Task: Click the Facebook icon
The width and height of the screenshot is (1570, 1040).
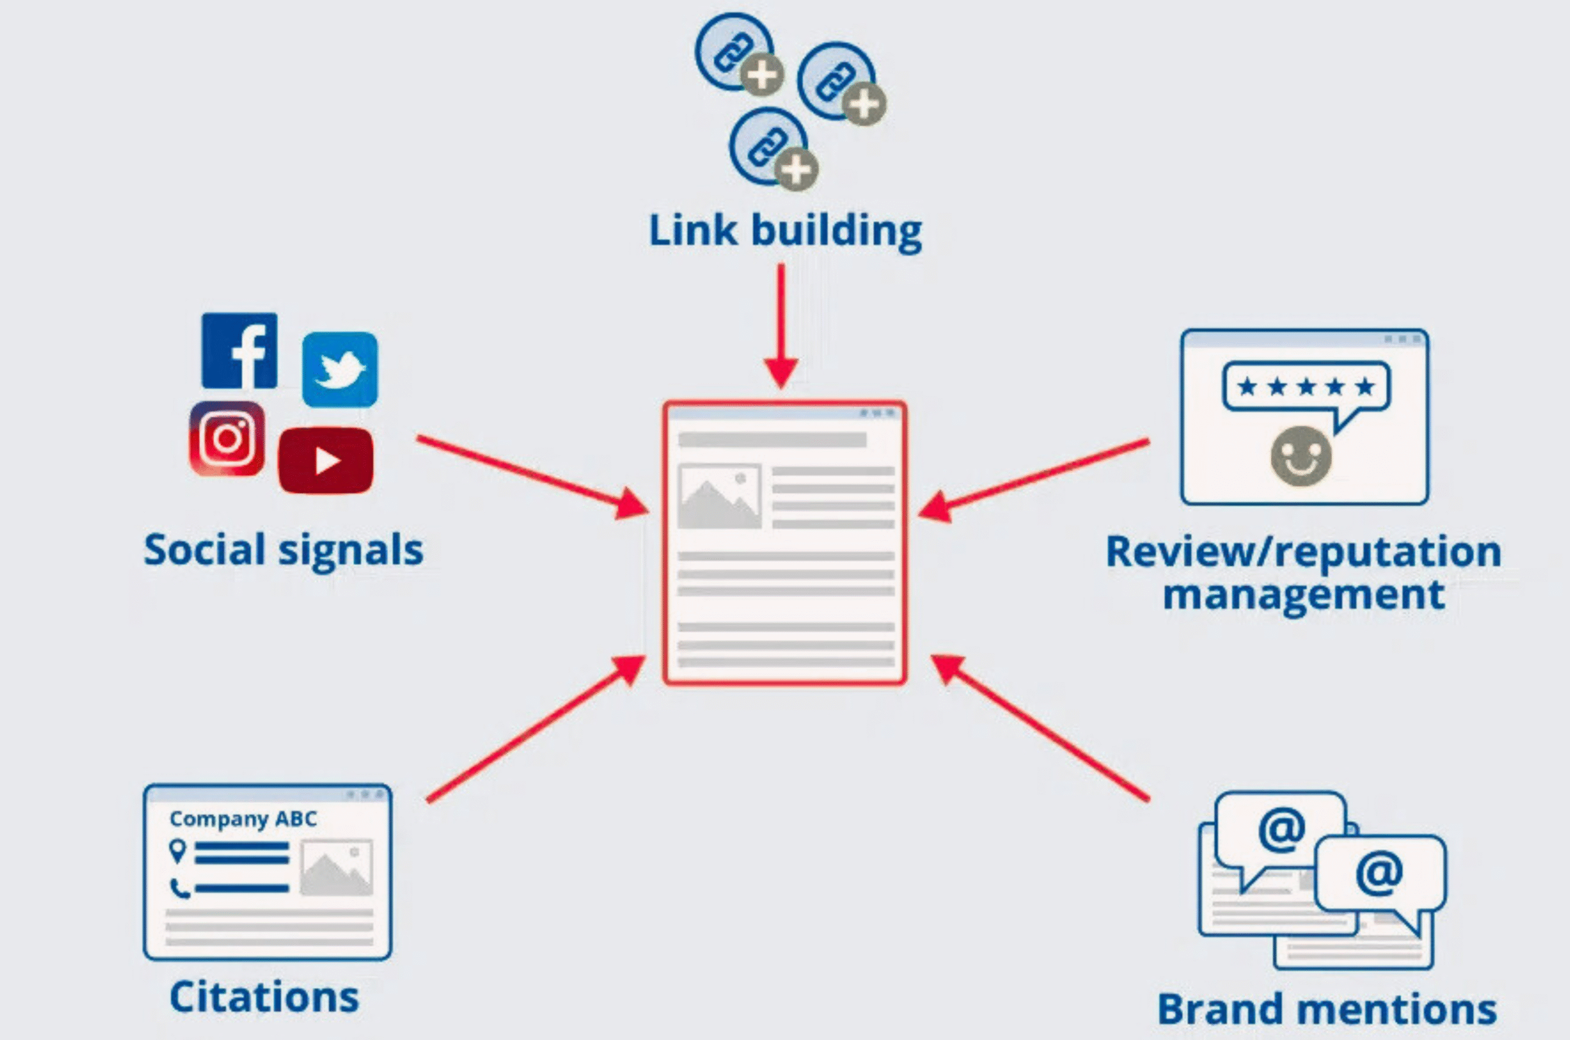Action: tap(239, 351)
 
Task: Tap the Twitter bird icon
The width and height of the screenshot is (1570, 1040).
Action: tap(340, 369)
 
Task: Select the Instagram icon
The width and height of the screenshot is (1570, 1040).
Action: tap(227, 438)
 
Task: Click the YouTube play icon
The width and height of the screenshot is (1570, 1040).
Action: tap(326, 461)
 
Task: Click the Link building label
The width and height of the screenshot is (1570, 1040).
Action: tap(784, 231)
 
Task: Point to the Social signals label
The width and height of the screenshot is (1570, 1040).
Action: tap(283, 550)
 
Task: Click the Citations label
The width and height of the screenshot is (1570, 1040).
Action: tap(264, 996)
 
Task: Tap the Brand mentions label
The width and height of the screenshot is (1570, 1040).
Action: tap(1327, 1009)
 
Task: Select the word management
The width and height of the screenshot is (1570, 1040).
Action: tap(1303, 594)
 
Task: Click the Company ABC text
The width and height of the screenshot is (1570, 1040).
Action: tap(243, 819)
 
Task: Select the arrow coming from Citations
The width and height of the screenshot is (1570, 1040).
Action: tap(535, 730)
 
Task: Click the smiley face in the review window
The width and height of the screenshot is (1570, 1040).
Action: tap(1301, 456)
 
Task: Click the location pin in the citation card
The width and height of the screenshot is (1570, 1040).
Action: tap(177, 851)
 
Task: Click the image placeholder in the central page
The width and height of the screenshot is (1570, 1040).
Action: tap(719, 497)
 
